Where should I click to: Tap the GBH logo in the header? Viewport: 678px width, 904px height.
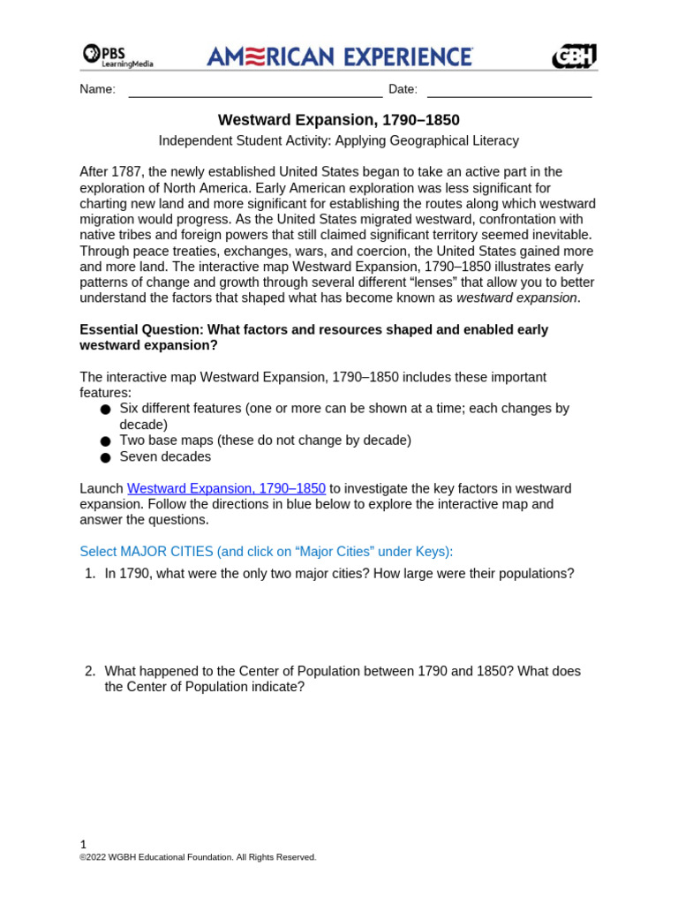tap(574, 56)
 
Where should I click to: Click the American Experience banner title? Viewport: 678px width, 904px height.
tap(340, 56)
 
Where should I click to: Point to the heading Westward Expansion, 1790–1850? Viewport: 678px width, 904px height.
tap(339, 120)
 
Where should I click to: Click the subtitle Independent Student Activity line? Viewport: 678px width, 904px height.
tap(339, 141)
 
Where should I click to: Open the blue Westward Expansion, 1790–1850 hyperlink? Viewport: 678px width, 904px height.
tap(226, 489)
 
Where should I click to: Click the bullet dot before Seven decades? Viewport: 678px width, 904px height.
tap(106, 458)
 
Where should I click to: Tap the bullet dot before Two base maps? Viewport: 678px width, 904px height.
tap(106, 441)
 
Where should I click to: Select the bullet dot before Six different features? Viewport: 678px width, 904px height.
tap(106, 410)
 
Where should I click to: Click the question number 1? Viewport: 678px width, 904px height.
tap(89, 574)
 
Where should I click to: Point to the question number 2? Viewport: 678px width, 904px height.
tap(89, 672)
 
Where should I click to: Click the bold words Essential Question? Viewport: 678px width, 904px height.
tap(141, 330)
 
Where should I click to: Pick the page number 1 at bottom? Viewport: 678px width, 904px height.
tap(83, 844)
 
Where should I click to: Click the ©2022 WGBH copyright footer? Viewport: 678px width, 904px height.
tap(198, 857)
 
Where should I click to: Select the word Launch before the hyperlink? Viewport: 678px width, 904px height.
tap(102, 489)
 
